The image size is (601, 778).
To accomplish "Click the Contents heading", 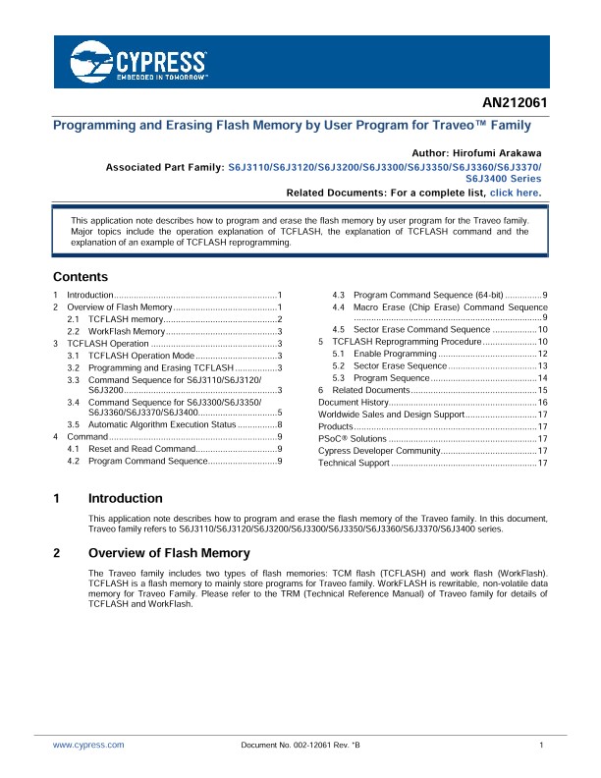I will pos(81,277).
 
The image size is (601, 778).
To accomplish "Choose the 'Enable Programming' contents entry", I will pos(392,354).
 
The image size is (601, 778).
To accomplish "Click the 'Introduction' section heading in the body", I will pos(126,499).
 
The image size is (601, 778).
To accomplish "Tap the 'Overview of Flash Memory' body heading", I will pos(169,554).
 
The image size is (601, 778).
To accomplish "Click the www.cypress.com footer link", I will pos(88,746).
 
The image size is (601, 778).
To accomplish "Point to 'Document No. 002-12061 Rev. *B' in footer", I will pos(300,746).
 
